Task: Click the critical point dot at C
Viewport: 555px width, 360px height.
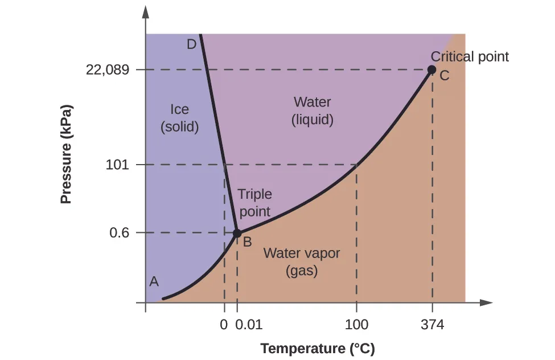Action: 431,70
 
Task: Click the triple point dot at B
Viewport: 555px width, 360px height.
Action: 237,233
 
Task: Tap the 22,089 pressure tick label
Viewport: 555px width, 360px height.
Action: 108,70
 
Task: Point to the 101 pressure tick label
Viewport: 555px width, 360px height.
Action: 118,165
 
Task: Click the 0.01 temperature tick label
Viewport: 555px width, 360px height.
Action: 249,325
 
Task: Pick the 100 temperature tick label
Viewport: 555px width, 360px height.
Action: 356,325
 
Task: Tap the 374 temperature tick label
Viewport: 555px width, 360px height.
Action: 432,325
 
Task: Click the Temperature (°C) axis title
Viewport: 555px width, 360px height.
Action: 317,349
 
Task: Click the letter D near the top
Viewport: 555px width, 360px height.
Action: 191,44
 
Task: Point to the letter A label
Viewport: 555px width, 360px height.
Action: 154,281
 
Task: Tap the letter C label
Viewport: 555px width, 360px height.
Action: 444,76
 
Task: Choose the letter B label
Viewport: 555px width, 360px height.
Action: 248,242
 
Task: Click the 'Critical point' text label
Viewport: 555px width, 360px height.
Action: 470,56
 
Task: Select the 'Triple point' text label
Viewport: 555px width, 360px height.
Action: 254,203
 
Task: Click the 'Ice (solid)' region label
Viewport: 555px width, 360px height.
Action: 179,117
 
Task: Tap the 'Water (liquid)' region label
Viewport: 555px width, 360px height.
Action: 312,111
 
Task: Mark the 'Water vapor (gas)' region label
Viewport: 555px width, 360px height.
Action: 301,261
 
